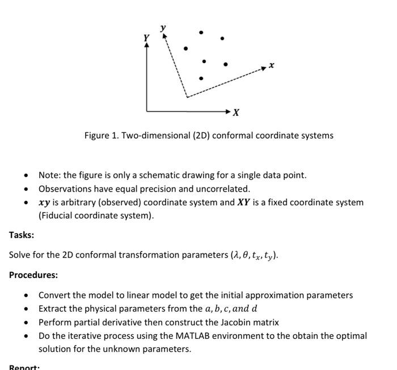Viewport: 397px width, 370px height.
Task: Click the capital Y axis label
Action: [146, 38]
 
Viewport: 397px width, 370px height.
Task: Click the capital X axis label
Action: [236, 113]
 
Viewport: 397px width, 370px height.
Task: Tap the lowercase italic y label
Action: [163, 27]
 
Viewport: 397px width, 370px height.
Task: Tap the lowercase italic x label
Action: [272, 65]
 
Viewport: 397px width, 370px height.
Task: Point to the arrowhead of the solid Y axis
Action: [147, 46]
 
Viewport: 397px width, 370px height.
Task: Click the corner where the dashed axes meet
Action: [187, 97]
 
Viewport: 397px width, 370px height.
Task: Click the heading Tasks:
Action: [22, 235]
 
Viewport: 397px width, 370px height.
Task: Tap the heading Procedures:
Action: [33, 275]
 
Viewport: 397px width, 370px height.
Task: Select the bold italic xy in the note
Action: [44, 202]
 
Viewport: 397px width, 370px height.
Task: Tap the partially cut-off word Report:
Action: [24, 367]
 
